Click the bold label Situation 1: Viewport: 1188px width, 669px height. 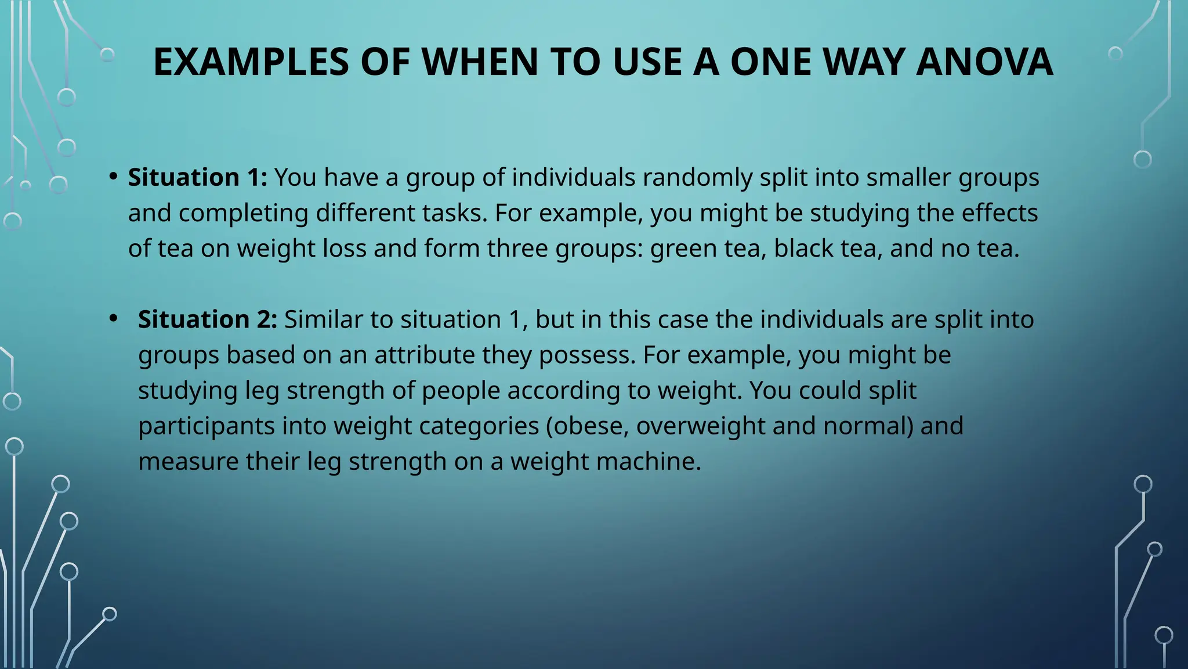click(x=197, y=177)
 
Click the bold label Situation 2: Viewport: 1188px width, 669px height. click(x=207, y=319)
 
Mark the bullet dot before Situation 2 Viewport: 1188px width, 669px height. click(x=114, y=318)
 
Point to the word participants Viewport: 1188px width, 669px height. click(x=207, y=426)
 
